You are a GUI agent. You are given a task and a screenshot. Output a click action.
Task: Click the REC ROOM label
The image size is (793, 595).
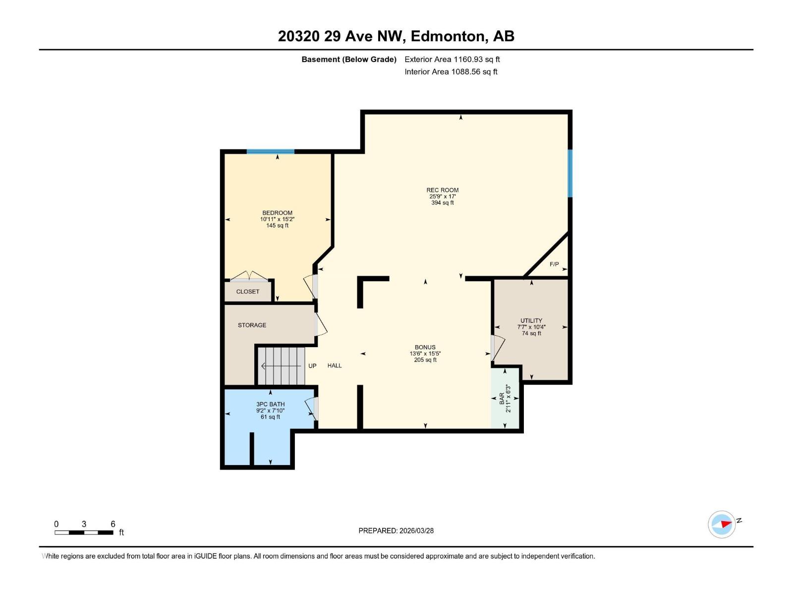442,190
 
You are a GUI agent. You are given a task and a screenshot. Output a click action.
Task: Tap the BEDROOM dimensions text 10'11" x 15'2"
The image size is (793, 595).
277,219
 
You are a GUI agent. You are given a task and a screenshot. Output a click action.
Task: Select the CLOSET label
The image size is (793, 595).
247,292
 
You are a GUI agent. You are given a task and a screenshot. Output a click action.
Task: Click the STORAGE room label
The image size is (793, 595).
252,325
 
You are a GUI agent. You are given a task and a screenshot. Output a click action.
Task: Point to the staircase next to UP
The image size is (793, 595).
281,366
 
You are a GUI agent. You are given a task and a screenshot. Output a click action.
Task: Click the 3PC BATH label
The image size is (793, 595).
270,404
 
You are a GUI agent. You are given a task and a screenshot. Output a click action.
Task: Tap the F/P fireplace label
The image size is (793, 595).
554,264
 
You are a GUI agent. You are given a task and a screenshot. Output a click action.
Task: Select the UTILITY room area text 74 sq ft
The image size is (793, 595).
531,334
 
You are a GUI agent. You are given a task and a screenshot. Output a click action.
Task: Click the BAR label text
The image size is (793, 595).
502,398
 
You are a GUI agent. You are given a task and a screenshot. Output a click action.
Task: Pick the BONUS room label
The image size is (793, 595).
425,347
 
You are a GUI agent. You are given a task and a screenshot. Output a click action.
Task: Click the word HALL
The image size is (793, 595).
335,365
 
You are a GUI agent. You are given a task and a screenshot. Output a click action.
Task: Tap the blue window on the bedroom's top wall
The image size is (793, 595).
270,152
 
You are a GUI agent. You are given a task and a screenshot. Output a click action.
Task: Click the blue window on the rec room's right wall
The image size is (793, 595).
570,173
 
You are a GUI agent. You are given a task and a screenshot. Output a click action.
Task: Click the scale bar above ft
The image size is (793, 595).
84,533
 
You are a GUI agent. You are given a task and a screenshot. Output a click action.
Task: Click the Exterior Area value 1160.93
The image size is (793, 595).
468,59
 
